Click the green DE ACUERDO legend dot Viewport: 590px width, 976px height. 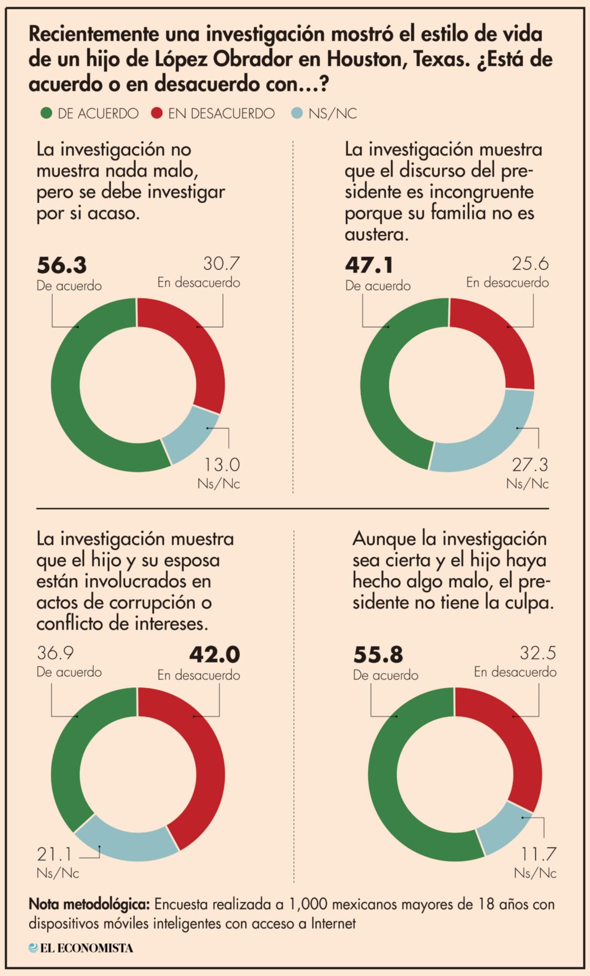click(x=46, y=113)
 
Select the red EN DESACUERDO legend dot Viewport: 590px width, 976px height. click(x=157, y=113)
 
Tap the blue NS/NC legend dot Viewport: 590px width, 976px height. click(x=297, y=113)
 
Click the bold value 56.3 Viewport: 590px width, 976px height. click(x=62, y=265)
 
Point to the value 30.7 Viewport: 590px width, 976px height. click(x=221, y=263)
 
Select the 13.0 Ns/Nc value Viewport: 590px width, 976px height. click(x=222, y=465)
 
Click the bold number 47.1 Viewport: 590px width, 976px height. click(x=369, y=265)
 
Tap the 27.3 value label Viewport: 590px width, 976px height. click(x=530, y=465)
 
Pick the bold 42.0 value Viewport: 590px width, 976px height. click(x=214, y=655)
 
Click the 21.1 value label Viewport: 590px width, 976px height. click(x=54, y=854)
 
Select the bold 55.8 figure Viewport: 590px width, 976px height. click(x=378, y=655)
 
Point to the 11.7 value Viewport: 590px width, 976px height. click(x=538, y=854)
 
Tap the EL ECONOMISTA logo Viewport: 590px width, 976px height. click(x=81, y=948)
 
